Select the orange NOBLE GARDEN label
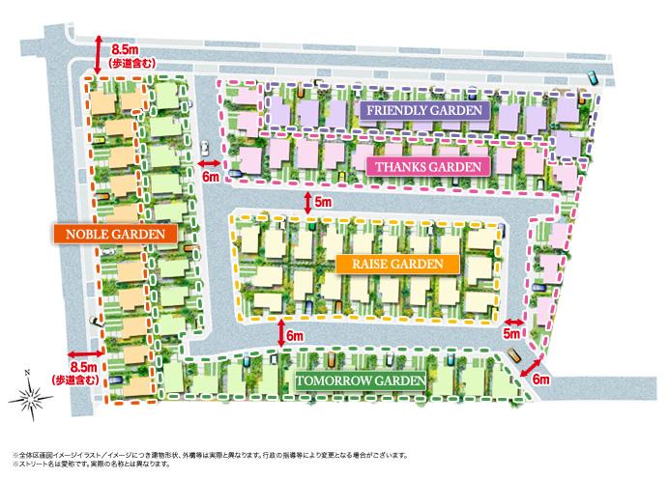(114, 234)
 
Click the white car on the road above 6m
(206, 148)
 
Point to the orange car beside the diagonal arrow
(511, 354)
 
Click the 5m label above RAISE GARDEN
(323, 202)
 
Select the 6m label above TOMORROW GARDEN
(295, 335)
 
